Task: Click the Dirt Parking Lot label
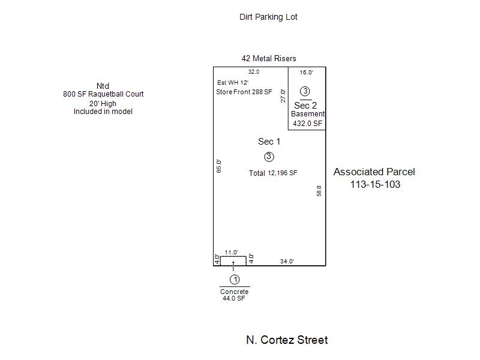(268, 17)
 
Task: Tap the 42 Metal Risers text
(269, 58)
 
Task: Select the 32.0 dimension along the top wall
(254, 72)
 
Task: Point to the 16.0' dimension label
(307, 73)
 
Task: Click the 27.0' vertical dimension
(283, 96)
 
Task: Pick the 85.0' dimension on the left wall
(219, 166)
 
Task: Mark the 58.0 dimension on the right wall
(319, 191)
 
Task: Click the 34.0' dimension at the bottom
(287, 262)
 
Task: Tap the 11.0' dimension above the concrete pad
(232, 253)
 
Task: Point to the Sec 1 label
(269, 142)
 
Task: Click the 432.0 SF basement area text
(308, 124)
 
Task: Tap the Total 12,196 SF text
(273, 173)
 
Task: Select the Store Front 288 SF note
(244, 92)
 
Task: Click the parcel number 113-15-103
(376, 184)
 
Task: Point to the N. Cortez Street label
(287, 340)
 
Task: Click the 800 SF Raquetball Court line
(103, 94)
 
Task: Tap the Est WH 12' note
(233, 83)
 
